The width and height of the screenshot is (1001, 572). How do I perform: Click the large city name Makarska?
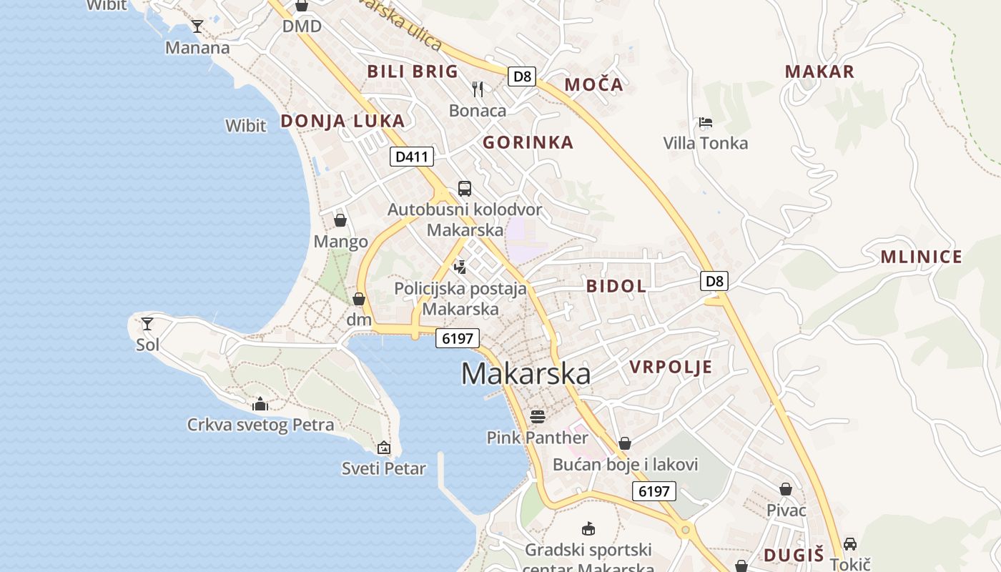(x=526, y=374)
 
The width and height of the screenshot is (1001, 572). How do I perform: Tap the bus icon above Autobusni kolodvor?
(x=465, y=189)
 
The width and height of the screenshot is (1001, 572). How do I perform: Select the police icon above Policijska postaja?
(x=460, y=267)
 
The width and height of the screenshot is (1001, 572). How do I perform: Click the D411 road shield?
(x=412, y=157)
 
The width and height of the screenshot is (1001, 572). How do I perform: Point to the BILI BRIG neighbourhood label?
(x=413, y=71)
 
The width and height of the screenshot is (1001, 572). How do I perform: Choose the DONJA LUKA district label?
(x=342, y=121)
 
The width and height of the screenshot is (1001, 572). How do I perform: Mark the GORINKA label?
(x=528, y=142)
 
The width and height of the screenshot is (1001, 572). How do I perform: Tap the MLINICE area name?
(x=921, y=257)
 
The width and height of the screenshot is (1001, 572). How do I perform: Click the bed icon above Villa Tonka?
(x=706, y=122)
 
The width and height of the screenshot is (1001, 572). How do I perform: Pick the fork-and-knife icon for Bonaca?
(x=478, y=89)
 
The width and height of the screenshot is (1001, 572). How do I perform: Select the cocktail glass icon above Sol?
(x=147, y=324)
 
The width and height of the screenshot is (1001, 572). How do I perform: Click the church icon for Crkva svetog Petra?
(x=260, y=404)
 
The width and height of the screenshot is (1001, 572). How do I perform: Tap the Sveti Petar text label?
(x=383, y=469)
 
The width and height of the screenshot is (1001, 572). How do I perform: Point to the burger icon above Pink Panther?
(x=537, y=416)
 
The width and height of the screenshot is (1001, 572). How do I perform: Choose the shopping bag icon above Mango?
(x=340, y=220)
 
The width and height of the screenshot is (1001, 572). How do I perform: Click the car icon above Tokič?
(x=850, y=544)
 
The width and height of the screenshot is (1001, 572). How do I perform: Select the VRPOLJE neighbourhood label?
(x=671, y=368)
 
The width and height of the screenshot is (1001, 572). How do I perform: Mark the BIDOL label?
(x=616, y=287)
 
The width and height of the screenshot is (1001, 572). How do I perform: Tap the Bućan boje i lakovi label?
(x=625, y=465)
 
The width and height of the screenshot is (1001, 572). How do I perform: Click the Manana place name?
(x=197, y=48)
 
